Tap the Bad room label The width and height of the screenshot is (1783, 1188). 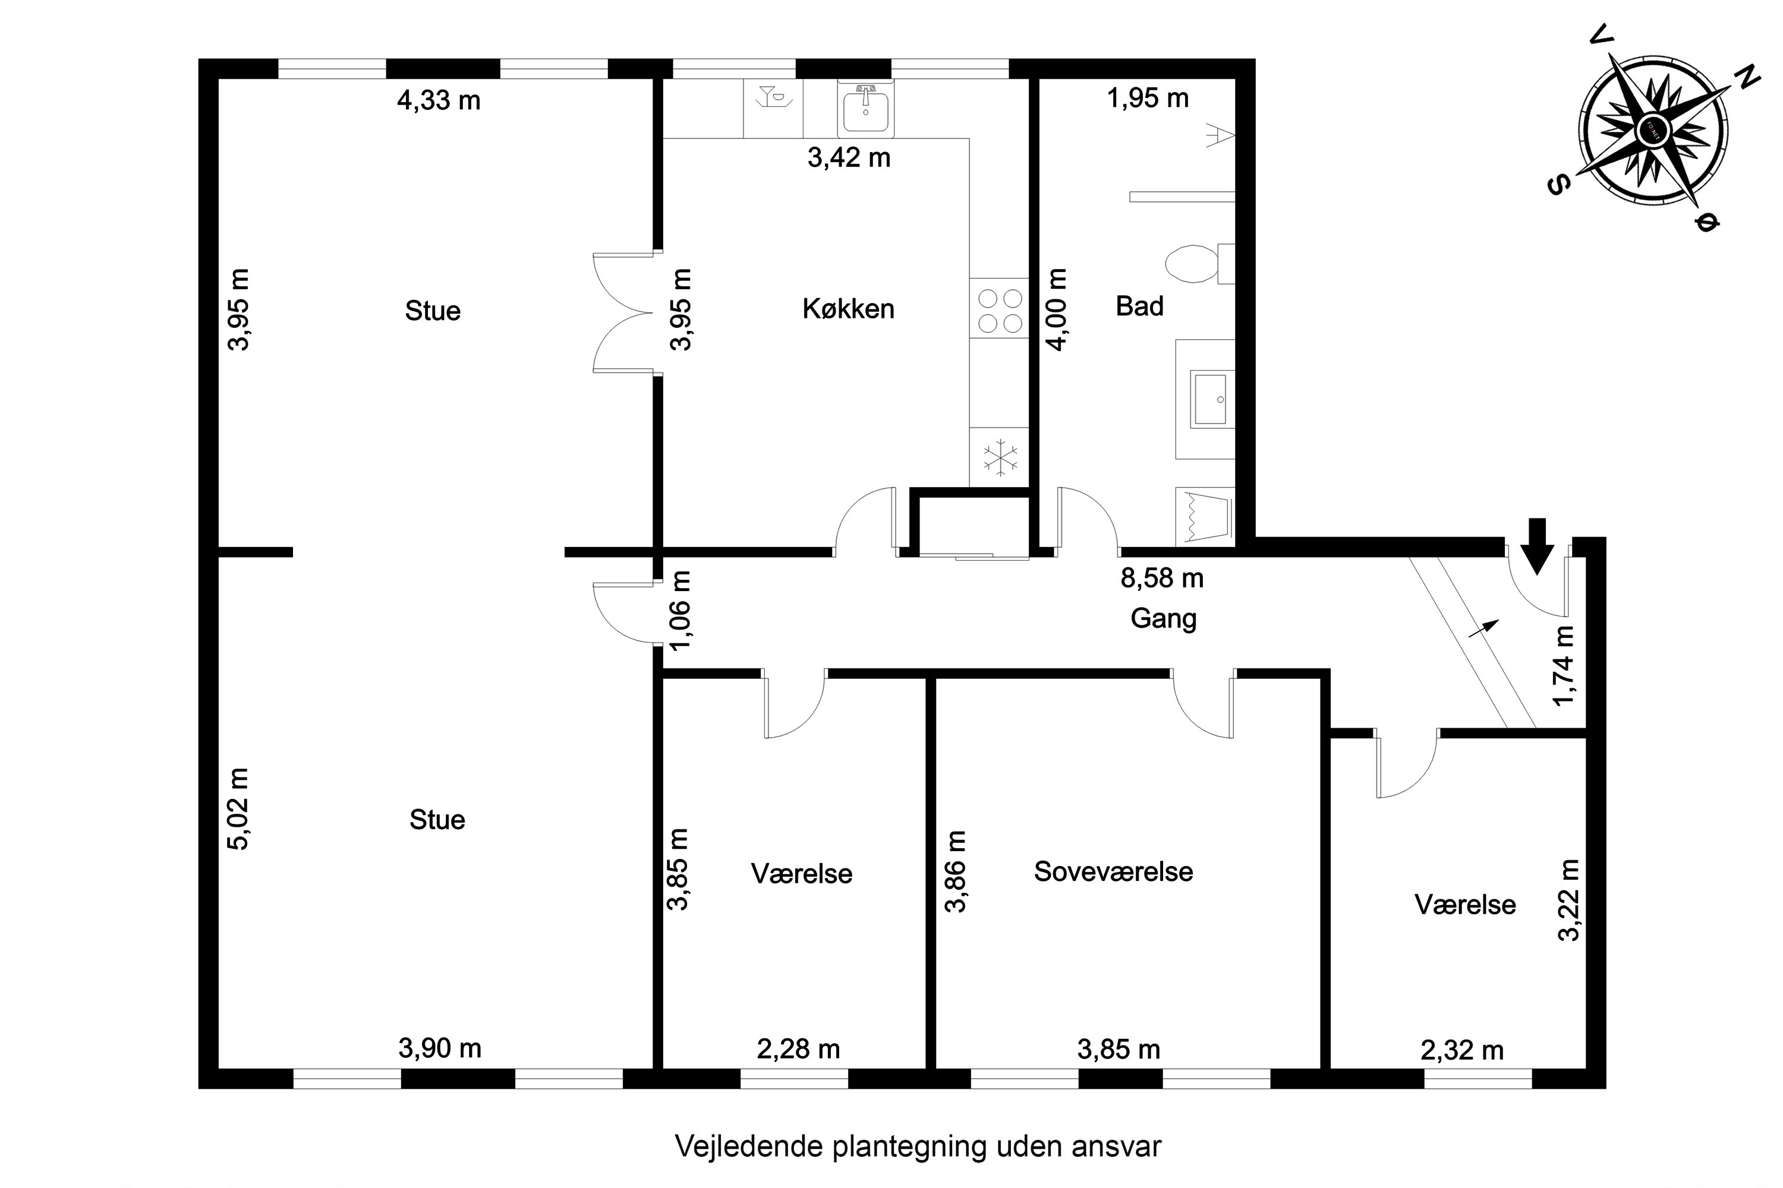[1139, 306]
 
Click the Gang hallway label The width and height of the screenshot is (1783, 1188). [1163, 618]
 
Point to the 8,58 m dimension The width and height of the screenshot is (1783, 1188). [1161, 578]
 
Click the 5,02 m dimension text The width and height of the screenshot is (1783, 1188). [239, 809]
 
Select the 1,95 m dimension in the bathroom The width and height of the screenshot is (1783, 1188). [1148, 98]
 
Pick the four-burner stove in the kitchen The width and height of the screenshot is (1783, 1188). [999, 311]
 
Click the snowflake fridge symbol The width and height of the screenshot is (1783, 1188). [1000, 457]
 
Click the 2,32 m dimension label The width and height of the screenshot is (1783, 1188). [1461, 1050]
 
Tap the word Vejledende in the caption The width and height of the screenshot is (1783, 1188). [749, 1146]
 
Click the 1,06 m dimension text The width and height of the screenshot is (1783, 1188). [681, 610]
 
